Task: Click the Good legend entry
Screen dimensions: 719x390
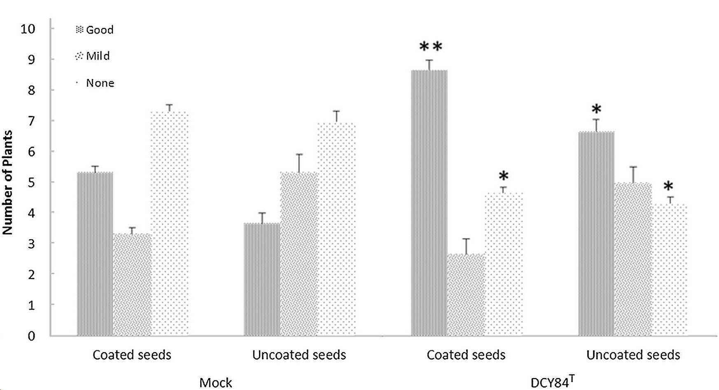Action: click(x=95, y=30)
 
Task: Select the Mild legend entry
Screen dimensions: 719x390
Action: click(x=93, y=56)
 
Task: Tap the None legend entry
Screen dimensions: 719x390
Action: click(x=95, y=83)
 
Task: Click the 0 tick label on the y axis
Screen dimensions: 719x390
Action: click(x=31, y=336)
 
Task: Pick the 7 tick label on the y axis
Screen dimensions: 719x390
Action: click(x=31, y=121)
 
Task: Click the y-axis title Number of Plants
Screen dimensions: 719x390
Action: click(x=8, y=182)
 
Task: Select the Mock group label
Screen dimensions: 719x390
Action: click(x=216, y=383)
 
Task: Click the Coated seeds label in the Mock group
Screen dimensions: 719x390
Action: click(x=132, y=355)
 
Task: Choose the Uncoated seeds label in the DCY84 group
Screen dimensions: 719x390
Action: click(x=633, y=355)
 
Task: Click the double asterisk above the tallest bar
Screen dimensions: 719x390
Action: click(x=431, y=47)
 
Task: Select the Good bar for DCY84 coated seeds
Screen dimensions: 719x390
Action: click(x=430, y=203)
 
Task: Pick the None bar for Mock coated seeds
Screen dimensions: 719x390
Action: click(x=170, y=224)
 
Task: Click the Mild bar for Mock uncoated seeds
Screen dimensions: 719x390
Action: click(x=299, y=254)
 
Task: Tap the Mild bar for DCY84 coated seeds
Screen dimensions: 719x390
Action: click(x=466, y=295)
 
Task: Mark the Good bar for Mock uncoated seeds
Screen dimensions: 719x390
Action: click(x=262, y=280)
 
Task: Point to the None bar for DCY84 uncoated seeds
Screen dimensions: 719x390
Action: click(x=670, y=270)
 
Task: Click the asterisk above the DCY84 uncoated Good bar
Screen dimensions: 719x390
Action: click(x=596, y=110)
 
